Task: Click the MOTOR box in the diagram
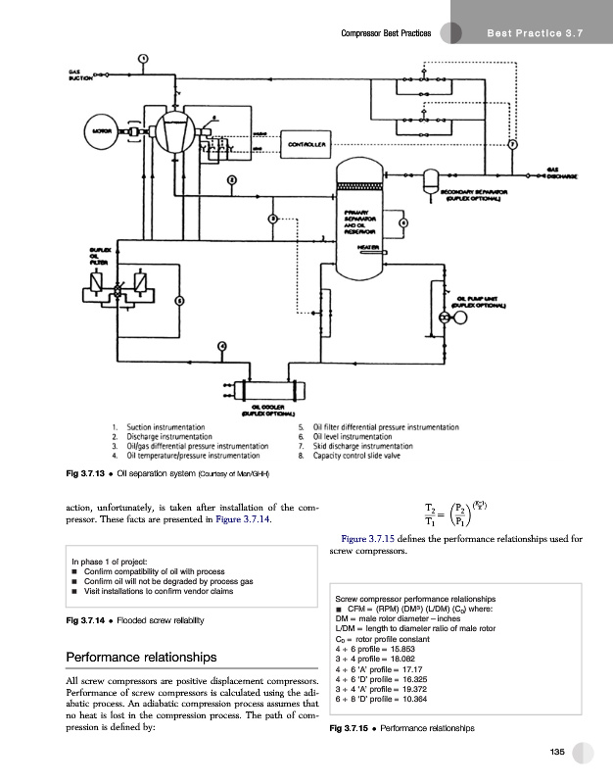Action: (101, 128)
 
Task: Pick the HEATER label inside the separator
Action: (369, 247)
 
